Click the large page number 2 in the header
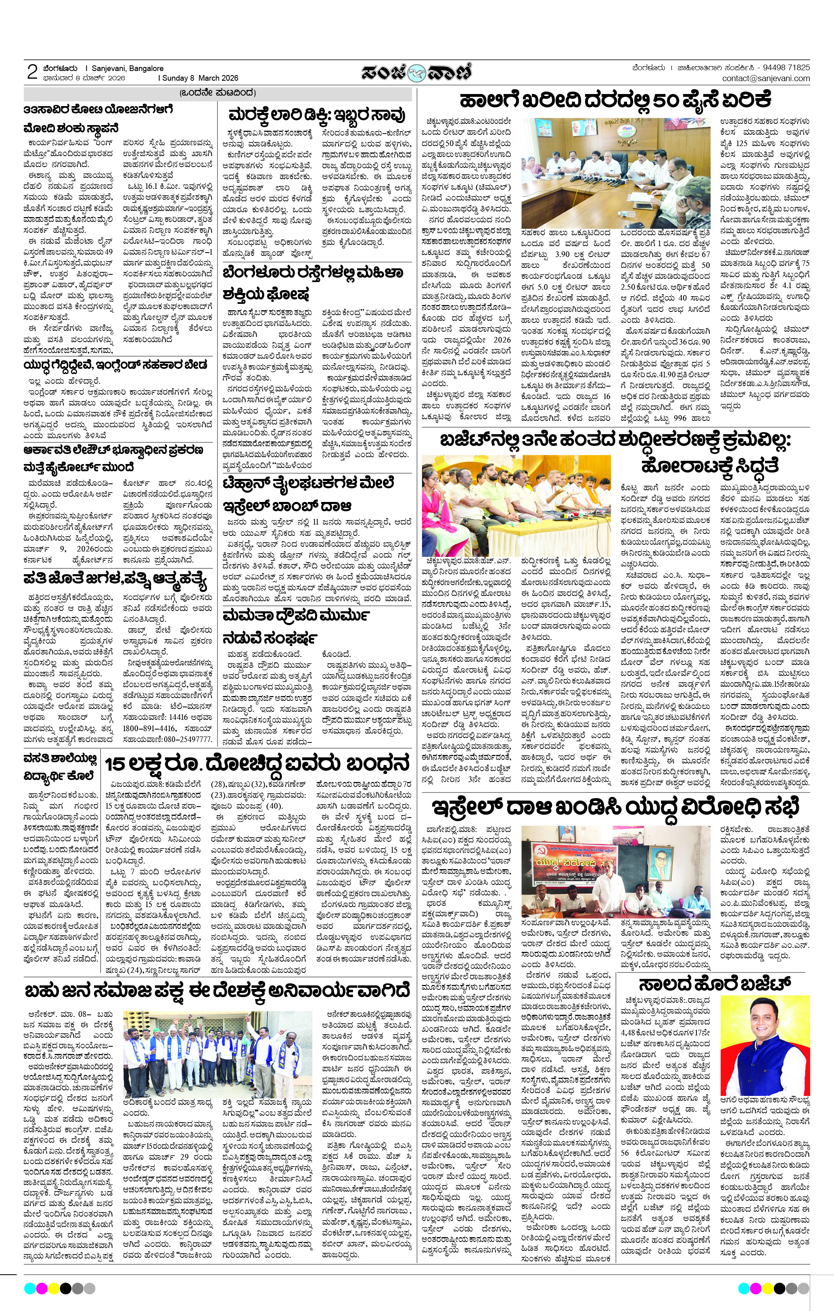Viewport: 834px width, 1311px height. point(32,72)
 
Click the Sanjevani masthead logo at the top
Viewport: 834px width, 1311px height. point(416,72)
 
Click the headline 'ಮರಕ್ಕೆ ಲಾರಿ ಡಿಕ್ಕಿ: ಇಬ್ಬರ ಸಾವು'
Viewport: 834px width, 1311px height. point(317,115)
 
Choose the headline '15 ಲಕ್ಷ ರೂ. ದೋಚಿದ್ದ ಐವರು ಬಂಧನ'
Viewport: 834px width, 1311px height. point(257,763)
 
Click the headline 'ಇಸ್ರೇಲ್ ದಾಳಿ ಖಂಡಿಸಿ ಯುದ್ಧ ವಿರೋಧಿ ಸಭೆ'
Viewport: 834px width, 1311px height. point(615,807)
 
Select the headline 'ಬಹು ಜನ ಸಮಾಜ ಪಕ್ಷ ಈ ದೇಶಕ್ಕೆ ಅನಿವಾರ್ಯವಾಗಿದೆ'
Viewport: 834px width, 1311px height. point(217,990)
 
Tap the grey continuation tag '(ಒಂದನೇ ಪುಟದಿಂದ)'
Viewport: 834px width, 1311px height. point(217,92)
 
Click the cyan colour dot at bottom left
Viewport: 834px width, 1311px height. point(29,1288)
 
